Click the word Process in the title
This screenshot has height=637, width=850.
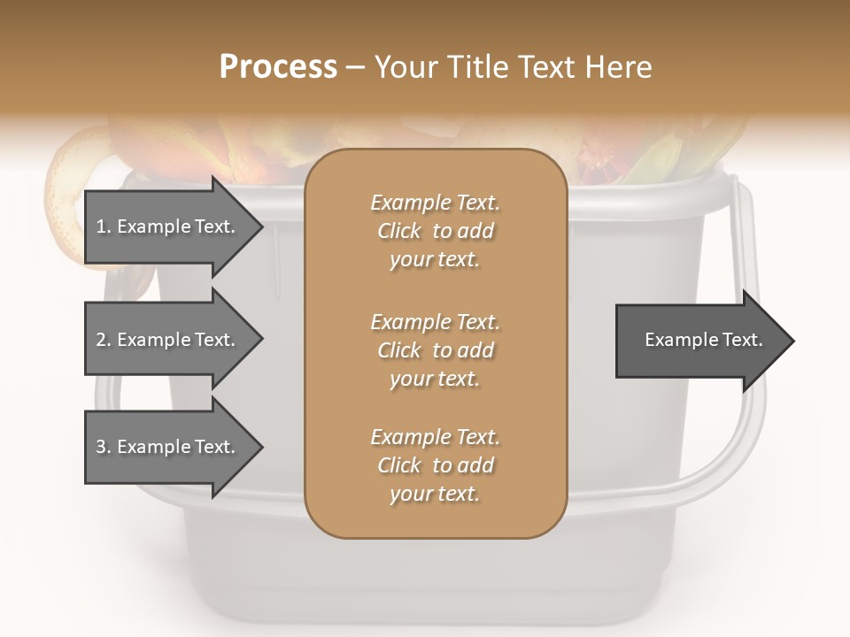pos(278,66)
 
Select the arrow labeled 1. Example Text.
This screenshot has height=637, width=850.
pos(168,227)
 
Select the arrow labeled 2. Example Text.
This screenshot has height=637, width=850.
pos(168,340)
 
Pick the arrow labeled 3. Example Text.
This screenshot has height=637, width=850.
pos(168,447)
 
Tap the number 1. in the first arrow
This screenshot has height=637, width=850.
pos(104,226)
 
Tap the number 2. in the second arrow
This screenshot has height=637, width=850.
pos(104,340)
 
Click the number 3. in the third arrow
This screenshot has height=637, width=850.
pos(104,447)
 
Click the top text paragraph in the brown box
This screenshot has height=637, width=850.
pos(435,231)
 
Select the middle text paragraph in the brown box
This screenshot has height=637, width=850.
pos(435,350)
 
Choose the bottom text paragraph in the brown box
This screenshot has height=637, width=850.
pos(435,465)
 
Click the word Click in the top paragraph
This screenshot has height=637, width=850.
pos(398,231)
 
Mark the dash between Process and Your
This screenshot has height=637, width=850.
pos(355,67)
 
